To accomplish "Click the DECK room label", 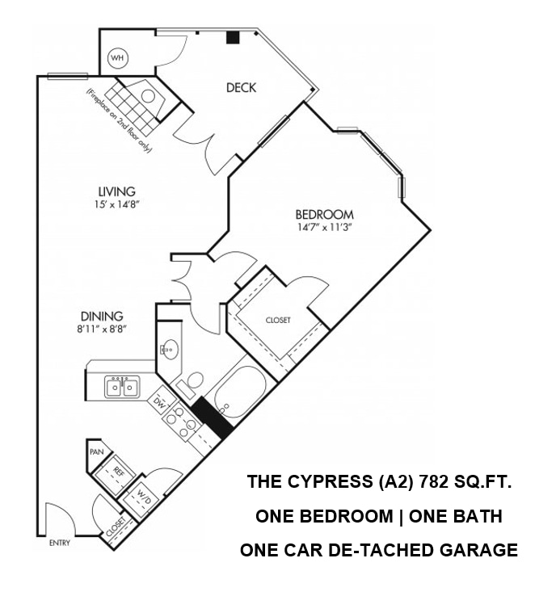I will click(241, 87).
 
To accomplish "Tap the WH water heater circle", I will click(118, 58).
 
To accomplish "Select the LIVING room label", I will click(116, 191).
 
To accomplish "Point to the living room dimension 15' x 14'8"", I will click(116, 204).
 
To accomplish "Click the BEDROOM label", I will click(324, 214).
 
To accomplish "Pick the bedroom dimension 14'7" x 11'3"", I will click(324, 227).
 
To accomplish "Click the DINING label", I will click(101, 317).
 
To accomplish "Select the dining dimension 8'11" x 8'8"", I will click(101, 329).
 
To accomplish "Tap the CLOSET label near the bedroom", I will click(277, 321).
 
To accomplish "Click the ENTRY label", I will click(60, 543).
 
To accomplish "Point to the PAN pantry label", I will click(97, 452).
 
